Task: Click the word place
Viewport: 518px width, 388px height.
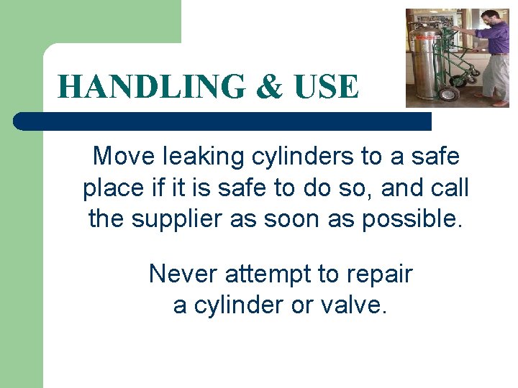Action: coord(114,188)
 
